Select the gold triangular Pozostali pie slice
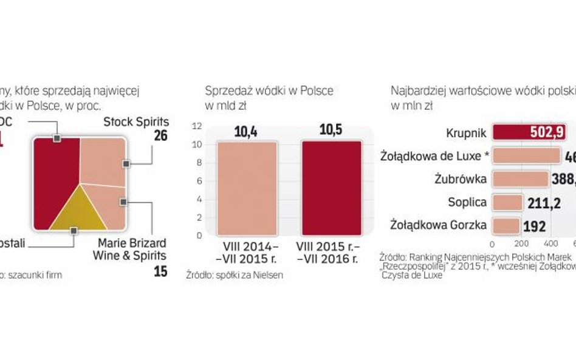(74, 212)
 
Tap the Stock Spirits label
(135, 122)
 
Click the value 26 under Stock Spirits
(160, 136)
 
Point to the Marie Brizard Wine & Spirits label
(130, 250)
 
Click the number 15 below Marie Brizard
(160, 271)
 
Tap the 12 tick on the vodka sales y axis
(196, 127)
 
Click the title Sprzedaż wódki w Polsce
(269, 91)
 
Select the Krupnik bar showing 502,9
(527, 132)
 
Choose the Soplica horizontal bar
(507, 202)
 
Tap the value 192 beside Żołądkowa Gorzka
(535, 226)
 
